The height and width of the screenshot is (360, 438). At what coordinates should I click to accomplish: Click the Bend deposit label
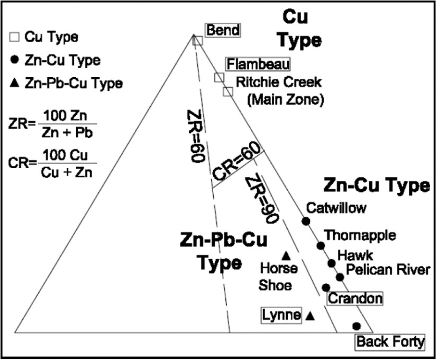pyautogui.click(x=223, y=30)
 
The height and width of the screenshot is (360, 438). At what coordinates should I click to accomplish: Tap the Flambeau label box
pyautogui.click(x=258, y=64)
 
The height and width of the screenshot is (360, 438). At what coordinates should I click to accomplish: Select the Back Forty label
pyautogui.click(x=390, y=342)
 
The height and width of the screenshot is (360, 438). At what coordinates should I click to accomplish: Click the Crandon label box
pyautogui.click(x=355, y=299)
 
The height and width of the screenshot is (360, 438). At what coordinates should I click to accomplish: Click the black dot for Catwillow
pyautogui.click(x=305, y=220)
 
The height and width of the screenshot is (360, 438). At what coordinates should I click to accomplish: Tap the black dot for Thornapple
pyautogui.click(x=321, y=245)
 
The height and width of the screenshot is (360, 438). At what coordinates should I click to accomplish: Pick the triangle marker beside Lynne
pyautogui.click(x=311, y=316)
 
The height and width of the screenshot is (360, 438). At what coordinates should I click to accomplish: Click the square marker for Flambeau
pyautogui.click(x=219, y=78)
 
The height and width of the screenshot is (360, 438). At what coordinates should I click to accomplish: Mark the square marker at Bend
pyautogui.click(x=197, y=41)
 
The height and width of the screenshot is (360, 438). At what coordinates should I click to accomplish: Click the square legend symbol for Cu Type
pyautogui.click(x=15, y=37)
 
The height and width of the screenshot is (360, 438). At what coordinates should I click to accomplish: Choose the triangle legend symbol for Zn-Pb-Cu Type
pyautogui.click(x=15, y=83)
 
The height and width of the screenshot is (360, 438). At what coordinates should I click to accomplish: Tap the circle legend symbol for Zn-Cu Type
pyautogui.click(x=15, y=60)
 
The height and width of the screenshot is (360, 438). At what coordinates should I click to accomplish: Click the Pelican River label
pyautogui.click(x=387, y=270)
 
